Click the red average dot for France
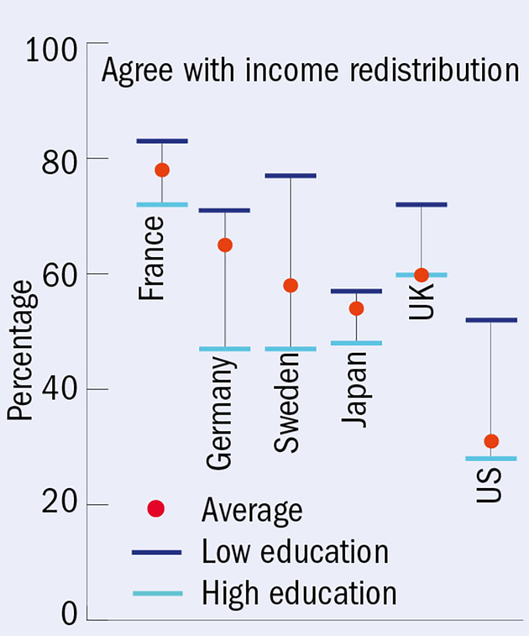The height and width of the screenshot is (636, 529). point(161,170)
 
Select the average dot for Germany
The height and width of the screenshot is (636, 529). point(224,245)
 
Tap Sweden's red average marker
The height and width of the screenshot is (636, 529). point(290,285)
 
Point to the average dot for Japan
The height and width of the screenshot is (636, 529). point(356,309)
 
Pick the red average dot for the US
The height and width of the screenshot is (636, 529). point(492,441)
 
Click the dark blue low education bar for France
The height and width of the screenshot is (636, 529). point(161,141)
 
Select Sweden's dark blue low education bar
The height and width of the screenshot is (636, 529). point(290,176)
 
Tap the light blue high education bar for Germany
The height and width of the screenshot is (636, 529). point(224,349)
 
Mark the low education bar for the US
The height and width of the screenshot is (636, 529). point(492,320)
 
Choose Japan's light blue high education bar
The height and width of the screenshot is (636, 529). point(356,343)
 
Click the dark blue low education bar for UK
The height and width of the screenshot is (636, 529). point(421,204)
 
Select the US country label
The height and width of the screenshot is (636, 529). point(488,483)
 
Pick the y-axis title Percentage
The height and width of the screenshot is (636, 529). point(21,350)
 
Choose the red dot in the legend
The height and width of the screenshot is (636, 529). point(156,508)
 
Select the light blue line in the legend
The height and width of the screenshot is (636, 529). point(157,593)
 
